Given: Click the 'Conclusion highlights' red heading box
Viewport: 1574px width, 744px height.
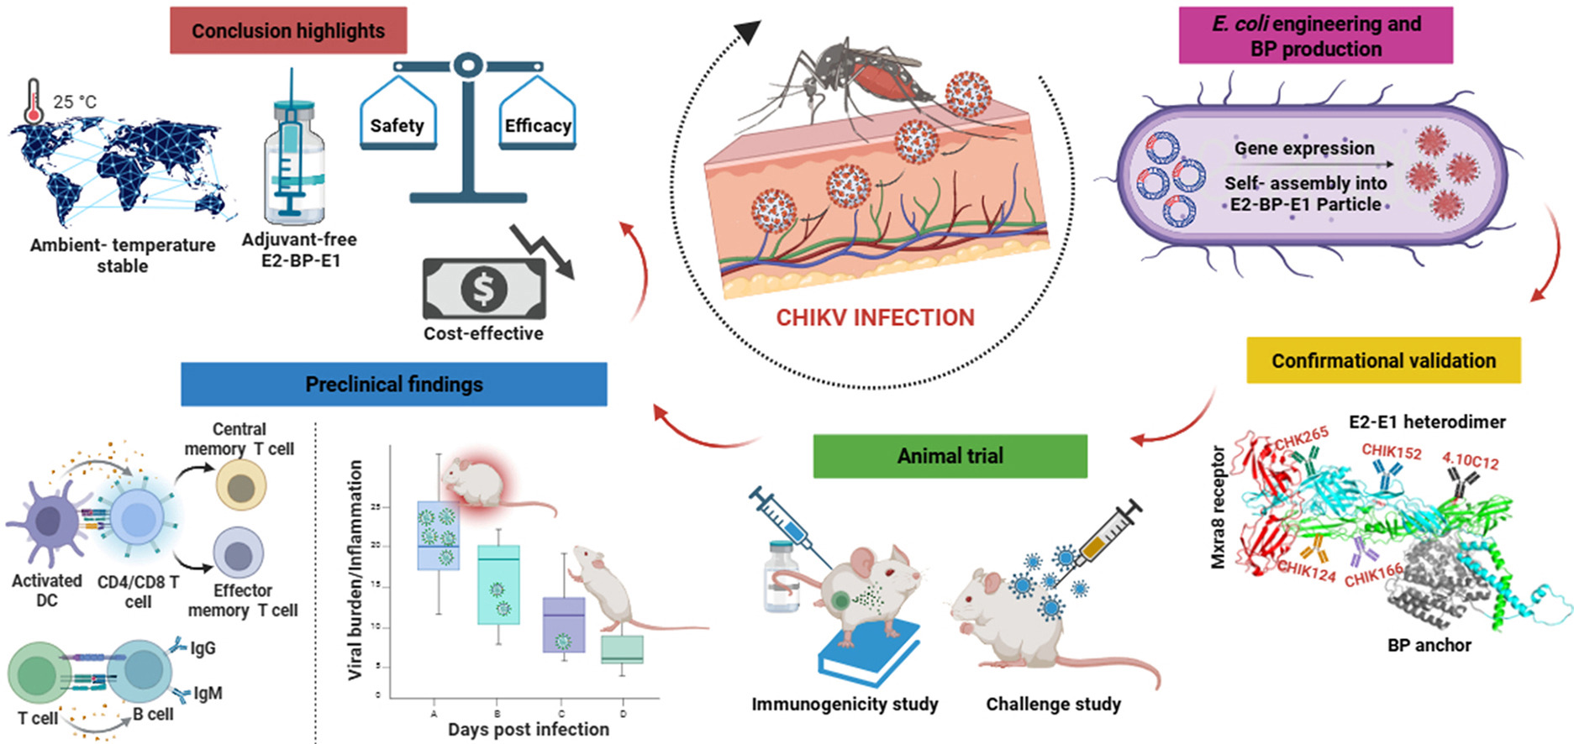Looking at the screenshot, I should coord(288,31).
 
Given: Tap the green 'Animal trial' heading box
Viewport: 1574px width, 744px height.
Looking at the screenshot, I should coord(950,456).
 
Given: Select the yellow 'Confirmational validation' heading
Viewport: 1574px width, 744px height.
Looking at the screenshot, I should coord(1383,361).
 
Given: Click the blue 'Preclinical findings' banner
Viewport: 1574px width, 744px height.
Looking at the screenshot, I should coord(393,385).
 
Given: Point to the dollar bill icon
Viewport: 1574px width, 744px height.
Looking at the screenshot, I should coord(484,289).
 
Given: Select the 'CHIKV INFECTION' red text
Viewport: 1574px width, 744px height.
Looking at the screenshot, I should coord(875,317).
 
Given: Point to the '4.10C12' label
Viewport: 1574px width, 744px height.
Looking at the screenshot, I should coord(1470,460).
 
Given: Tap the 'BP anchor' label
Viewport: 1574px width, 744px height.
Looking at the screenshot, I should coord(1429,645).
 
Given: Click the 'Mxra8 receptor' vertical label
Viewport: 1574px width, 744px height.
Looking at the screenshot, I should coord(1219,507).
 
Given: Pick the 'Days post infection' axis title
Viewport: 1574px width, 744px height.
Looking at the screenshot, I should coord(528,729).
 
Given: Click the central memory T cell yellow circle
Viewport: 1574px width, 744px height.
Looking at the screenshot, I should coord(241,487).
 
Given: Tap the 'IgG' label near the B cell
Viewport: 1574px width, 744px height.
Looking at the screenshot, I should coord(203,648).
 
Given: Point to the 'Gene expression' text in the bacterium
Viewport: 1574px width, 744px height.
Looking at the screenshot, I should coord(1304,149).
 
